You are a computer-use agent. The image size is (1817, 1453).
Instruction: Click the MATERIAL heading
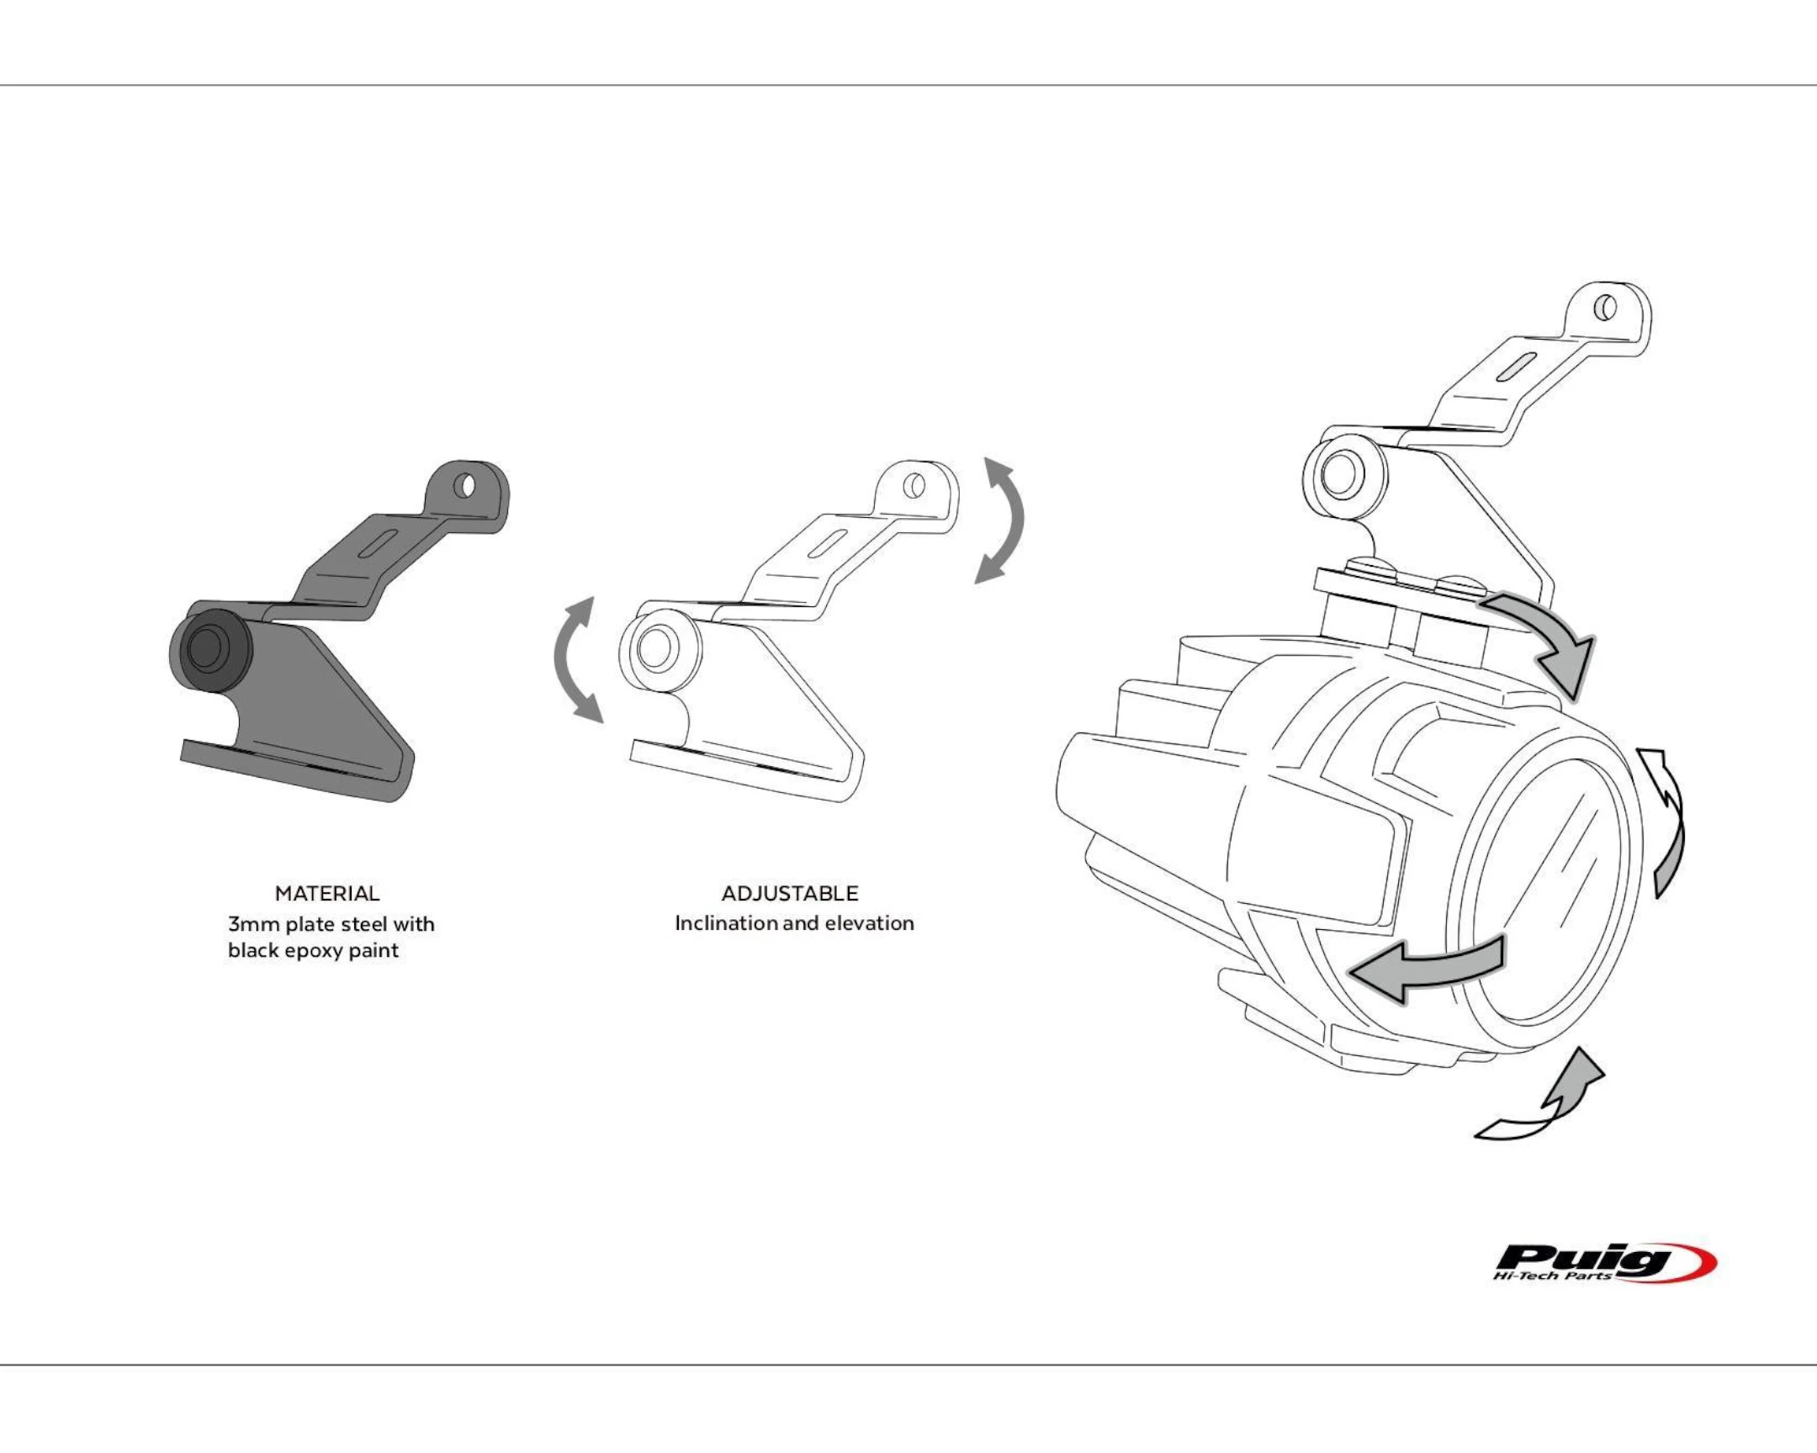coord(327,894)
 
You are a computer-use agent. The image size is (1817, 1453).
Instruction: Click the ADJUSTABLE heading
coord(790,894)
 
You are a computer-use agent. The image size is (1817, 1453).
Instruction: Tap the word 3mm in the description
coord(253,924)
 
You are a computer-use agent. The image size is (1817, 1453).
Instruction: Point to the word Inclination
coord(726,923)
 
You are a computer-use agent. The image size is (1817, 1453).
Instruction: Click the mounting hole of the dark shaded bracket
coord(464,486)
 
